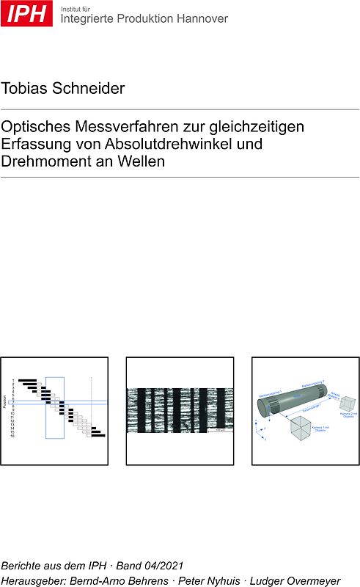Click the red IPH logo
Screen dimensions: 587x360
click(x=26, y=13)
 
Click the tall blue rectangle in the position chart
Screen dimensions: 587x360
click(x=55, y=407)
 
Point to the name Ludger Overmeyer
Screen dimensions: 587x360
click(x=295, y=580)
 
